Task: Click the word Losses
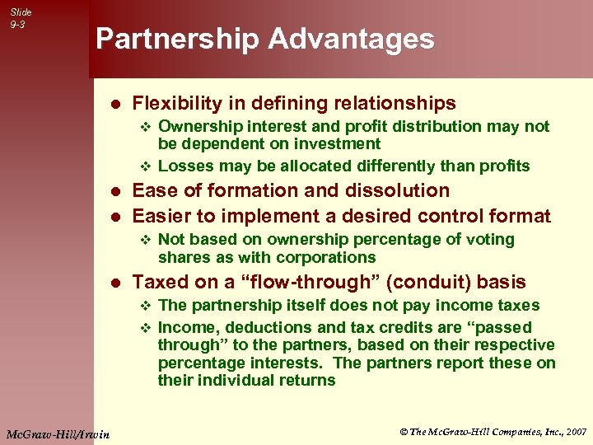point(184,166)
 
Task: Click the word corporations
point(324,257)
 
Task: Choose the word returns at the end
point(306,380)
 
